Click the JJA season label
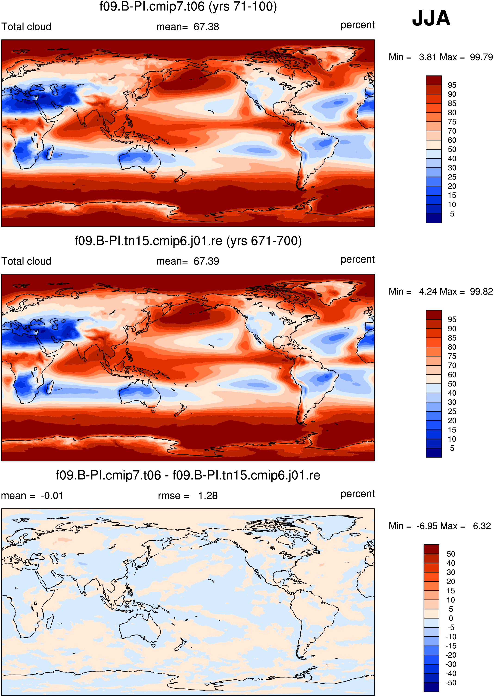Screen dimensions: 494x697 (x=431, y=18)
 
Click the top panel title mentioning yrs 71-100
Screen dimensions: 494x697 (x=188, y=6)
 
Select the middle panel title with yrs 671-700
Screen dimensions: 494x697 (x=188, y=241)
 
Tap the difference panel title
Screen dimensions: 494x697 (x=188, y=475)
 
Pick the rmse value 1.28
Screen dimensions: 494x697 (x=208, y=496)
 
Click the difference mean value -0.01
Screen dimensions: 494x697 (x=52, y=496)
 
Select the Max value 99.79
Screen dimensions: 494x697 (x=481, y=57)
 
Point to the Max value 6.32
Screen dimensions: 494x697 (x=482, y=526)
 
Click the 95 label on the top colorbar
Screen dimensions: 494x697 (x=452, y=85)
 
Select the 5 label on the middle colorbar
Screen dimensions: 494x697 (x=452, y=448)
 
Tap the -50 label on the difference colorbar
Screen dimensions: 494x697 (x=451, y=682)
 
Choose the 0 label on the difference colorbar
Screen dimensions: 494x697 (x=451, y=618)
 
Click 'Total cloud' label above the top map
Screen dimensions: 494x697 (x=26, y=27)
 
